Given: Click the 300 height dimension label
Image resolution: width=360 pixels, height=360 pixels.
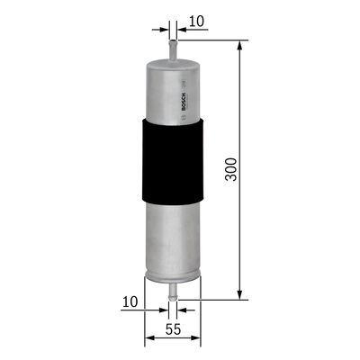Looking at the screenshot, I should tap(232, 171).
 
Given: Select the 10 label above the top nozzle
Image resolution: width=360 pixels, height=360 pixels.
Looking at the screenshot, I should tap(198, 20).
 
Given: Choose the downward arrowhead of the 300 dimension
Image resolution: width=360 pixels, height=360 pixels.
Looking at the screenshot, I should tap(239, 293).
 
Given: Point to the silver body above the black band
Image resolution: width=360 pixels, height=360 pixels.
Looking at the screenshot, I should tap(166, 90).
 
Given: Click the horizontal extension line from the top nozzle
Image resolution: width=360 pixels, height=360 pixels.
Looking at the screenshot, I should tap(211, 40).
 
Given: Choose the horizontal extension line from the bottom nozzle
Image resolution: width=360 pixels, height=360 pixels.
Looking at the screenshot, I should tap(211, 299).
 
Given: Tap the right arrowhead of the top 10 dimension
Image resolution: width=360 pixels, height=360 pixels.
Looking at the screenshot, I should tap(178, 30).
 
